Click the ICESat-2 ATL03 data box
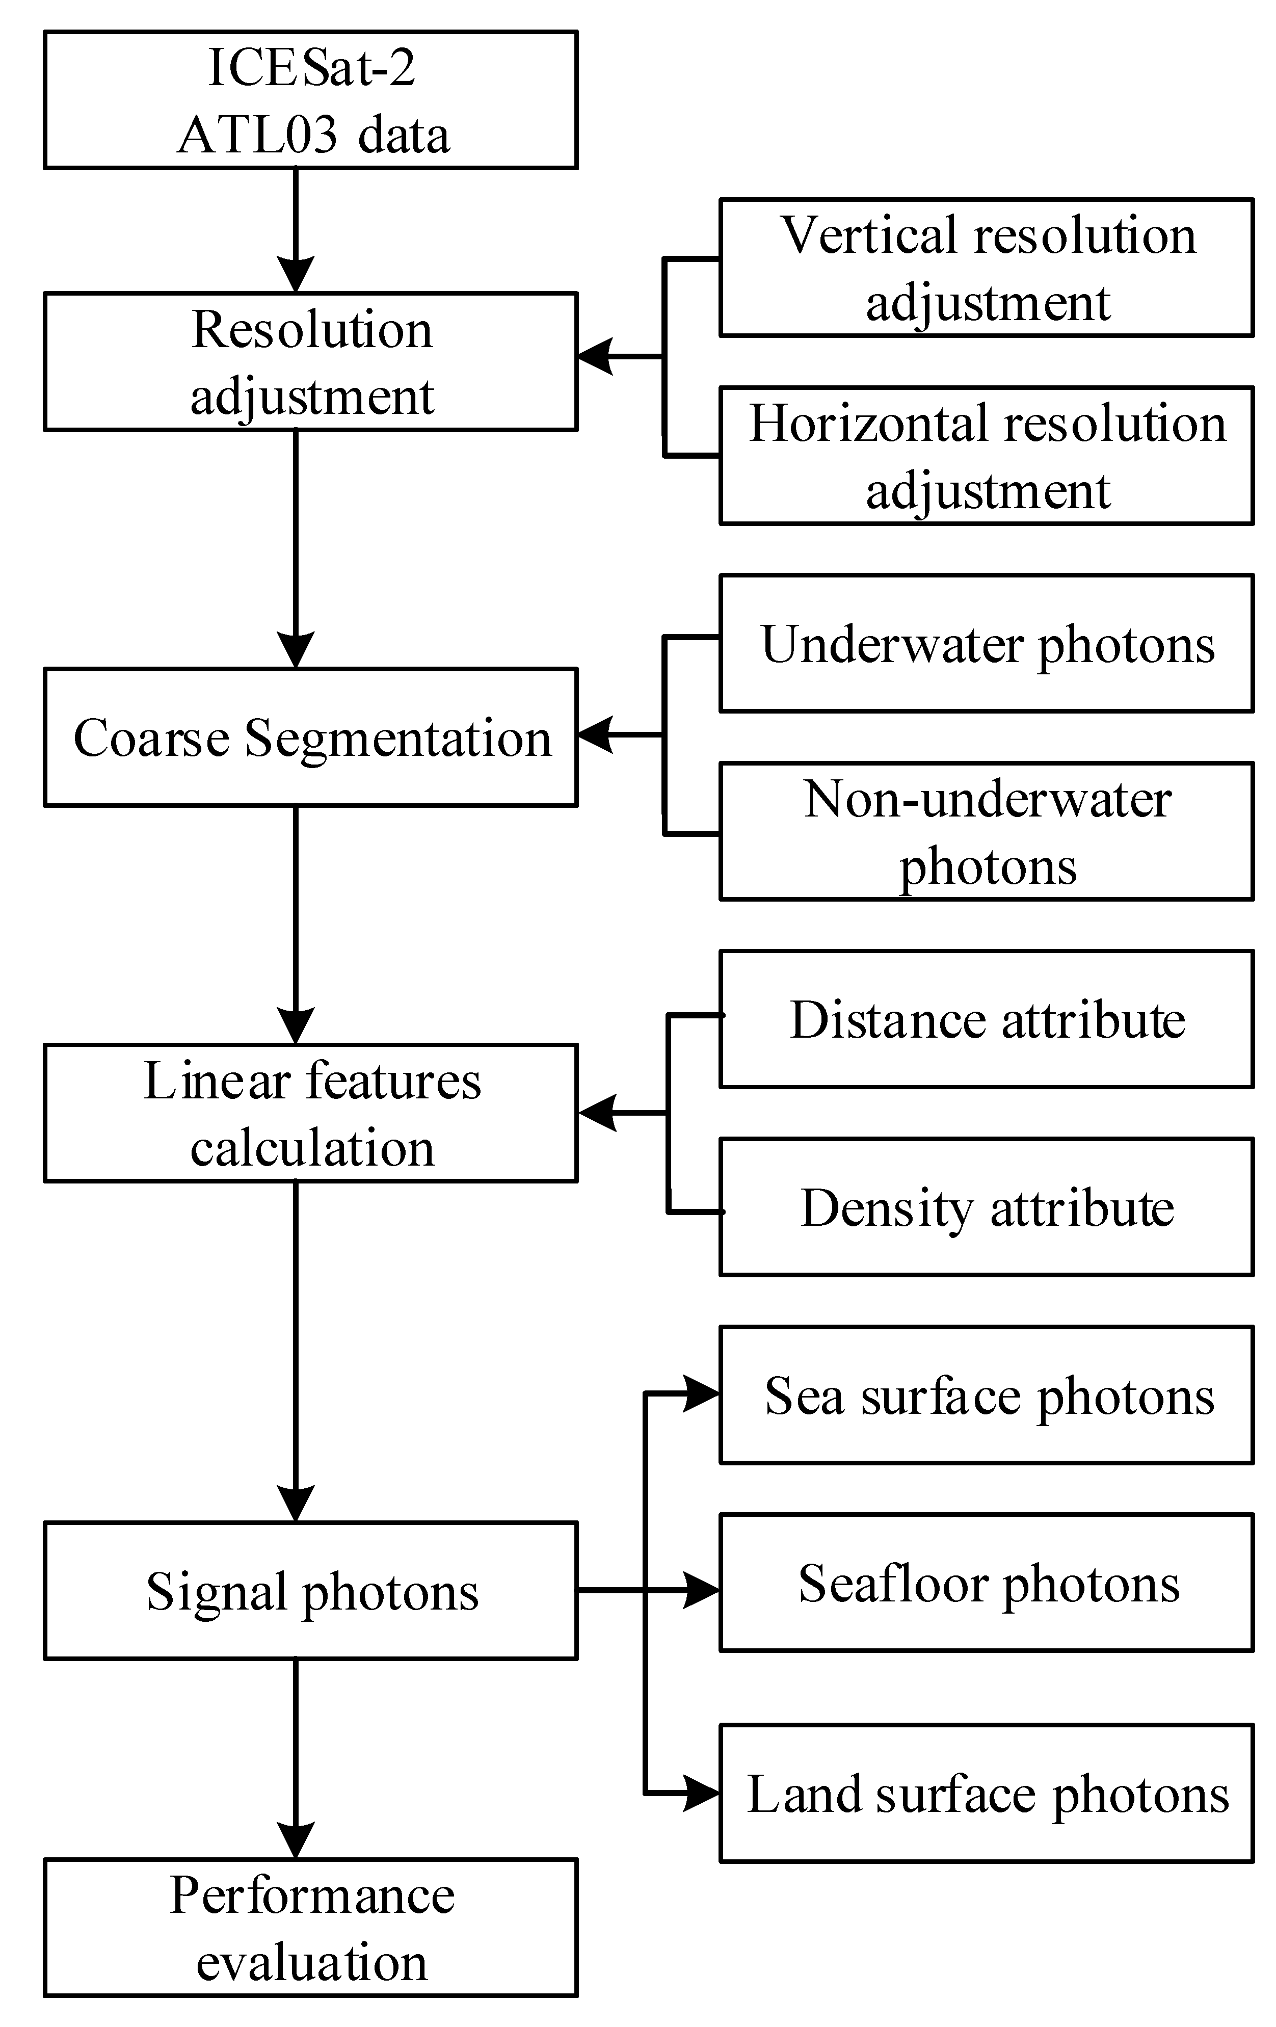point(310,100)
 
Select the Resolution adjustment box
point(310,362)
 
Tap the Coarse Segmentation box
point(310,738)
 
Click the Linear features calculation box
point(310,1113)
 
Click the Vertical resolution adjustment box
point(986,268)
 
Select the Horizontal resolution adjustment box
point(986,456)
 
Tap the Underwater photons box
point(986,643)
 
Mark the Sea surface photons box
point(986,1395)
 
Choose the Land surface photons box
point(986,1793)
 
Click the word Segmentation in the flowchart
point(397,738)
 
